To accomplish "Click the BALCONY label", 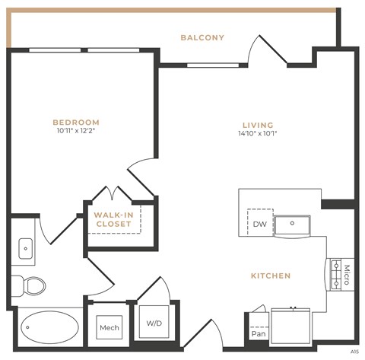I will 202,37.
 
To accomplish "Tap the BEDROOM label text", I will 76,122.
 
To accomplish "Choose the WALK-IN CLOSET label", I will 113,219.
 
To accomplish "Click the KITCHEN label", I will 271,276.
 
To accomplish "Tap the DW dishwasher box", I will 259,224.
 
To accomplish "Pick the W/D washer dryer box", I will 154,323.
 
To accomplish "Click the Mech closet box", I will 109,328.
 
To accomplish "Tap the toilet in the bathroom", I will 32,285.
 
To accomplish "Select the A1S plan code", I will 354,352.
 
